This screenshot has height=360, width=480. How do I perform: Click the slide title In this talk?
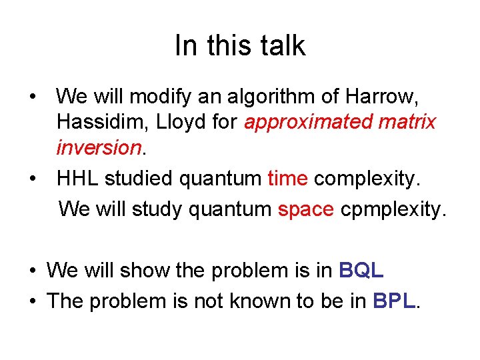(x=239, y=46)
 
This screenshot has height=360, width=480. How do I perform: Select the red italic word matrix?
(x=408, y=122)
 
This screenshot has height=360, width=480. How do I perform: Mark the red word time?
(x=287, y=179)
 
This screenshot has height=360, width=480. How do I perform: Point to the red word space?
(x=305, y=209)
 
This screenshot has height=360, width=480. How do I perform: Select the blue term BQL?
(x=361, y=271)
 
